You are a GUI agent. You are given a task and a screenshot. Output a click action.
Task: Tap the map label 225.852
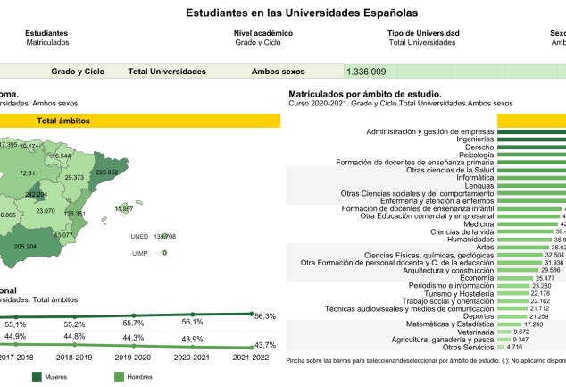(x=106, y=172)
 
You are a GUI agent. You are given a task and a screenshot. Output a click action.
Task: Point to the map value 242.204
(x=37, y=194)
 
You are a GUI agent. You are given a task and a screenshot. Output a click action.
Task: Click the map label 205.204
(x=26, y=247)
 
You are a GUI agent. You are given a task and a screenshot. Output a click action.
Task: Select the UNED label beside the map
(x=139, y=237)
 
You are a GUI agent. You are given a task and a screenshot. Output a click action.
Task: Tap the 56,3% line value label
(x=265, y=315)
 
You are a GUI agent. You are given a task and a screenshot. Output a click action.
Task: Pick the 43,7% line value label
(x=265, y=345)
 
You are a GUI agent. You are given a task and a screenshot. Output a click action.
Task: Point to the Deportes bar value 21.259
(x=539, y=315)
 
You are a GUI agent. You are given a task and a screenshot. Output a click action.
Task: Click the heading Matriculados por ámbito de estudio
(x=365, y=94)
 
